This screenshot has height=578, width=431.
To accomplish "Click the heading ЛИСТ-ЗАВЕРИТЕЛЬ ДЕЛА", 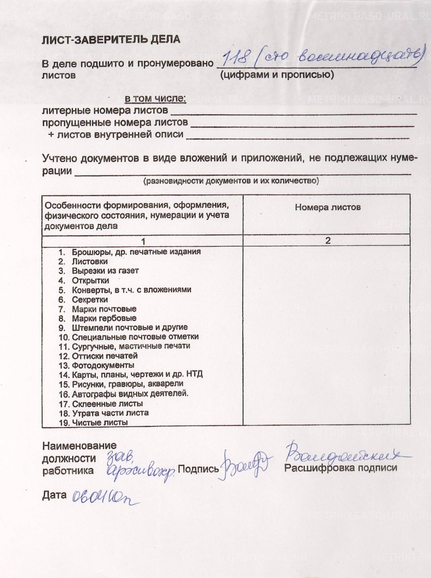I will tap(111, 40).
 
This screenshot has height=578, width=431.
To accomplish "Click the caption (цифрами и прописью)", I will tap(277, 75).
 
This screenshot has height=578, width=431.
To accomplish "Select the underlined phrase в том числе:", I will tap(155, 99).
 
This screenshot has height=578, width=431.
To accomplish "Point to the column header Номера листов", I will tap(328, 207).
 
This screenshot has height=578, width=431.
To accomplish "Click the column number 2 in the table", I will tap(328, 240).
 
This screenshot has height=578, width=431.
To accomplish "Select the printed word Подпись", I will tap(198, 468).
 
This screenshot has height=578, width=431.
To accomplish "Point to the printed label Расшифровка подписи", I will tap(340, 468).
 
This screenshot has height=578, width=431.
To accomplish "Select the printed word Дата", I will tap(54, 495).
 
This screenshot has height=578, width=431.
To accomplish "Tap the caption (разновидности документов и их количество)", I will tap(231, 181).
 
